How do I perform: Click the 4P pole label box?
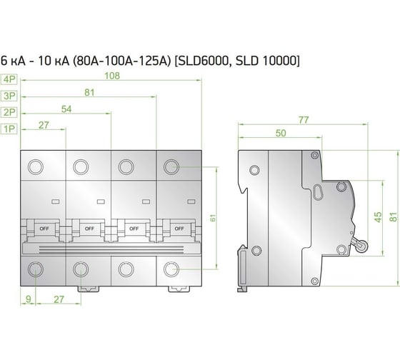pos(9,79)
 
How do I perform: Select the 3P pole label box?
pos(9,96)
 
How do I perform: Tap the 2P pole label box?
pos(9,112)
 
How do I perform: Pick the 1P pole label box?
pos(9,129)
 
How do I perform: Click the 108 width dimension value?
pos(112,76)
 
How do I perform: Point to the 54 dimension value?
pos(66,109)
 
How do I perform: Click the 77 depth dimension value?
pos(304,120)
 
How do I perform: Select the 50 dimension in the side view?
pos(281,133)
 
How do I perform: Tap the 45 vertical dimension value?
pos(379,217)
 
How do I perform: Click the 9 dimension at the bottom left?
pos(29,299)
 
